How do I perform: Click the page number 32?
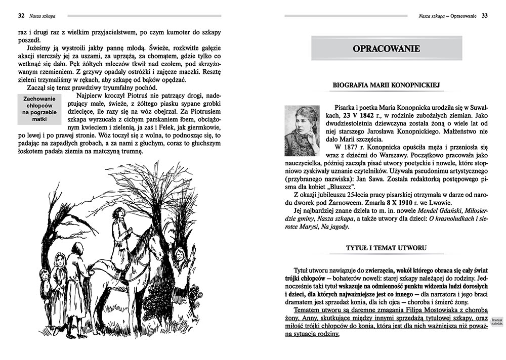click(x=22, y=16)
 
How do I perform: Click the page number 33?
click(x=484, y=16)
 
